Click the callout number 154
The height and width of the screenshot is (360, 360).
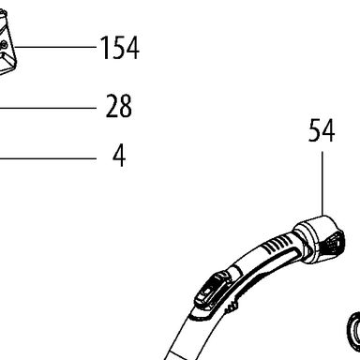(120, 48)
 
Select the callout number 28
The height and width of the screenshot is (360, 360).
(119, 106)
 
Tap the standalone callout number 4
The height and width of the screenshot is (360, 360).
(119, 155)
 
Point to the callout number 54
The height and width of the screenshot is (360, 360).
(322, 130)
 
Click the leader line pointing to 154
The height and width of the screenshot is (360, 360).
(55, 47)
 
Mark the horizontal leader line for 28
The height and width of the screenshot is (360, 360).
(48, 108)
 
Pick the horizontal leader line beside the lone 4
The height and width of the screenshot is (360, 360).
(48, 158)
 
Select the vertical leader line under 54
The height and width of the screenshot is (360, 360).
(322, 184)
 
